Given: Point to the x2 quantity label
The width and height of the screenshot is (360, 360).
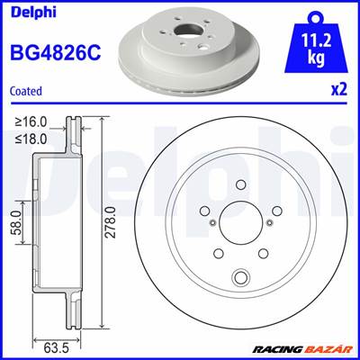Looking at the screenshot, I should (x=340, y=90).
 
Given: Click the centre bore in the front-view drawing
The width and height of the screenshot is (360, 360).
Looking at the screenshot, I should (x=239, y=220).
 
